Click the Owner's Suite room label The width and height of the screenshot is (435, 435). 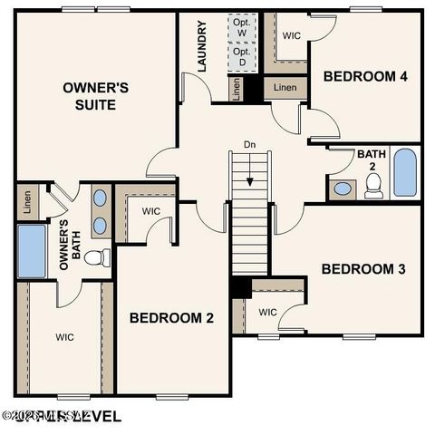point(96,95)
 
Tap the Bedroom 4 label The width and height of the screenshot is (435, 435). point(365,76)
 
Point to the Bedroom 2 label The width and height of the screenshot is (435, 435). point(171,318)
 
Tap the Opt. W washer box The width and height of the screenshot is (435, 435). point(241,27)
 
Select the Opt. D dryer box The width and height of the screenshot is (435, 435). point(241,56)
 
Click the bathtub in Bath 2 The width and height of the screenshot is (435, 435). point(404,173)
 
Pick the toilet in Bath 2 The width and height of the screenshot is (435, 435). point(373,185)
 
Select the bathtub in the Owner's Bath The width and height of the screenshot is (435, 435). point(32,251)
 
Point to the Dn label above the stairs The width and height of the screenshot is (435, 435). point(249,144)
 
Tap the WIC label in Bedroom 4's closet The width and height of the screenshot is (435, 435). point(291,36)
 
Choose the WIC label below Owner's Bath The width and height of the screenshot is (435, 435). point(64,337)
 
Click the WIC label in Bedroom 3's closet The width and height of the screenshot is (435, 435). point(267,313)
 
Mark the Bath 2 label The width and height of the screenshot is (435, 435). point(372,160)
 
